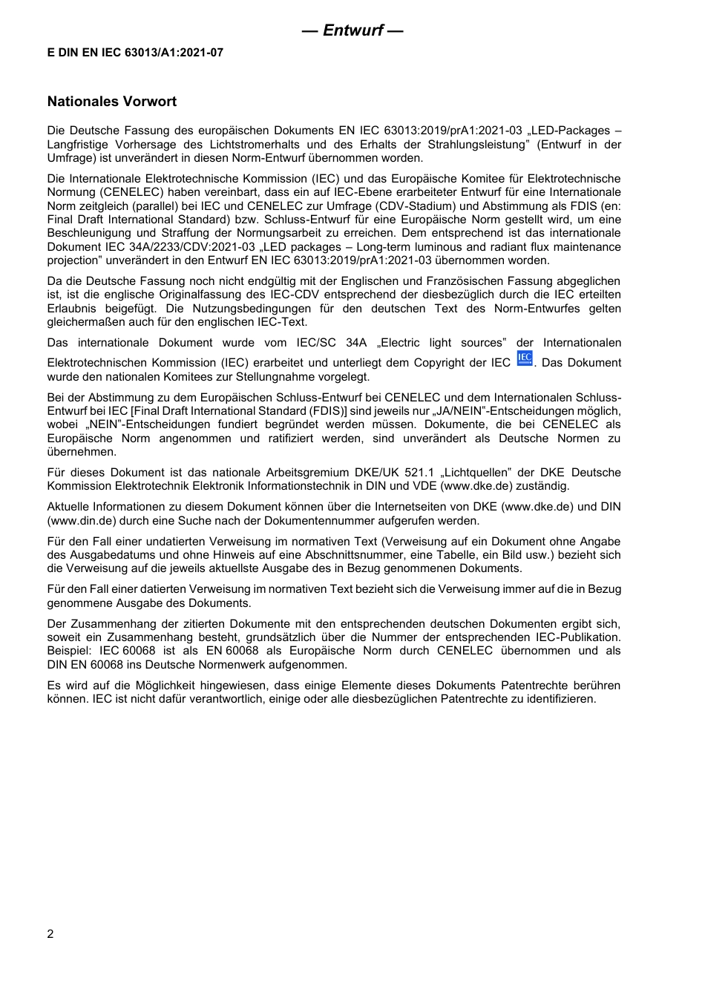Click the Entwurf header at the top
(x=352, y=30)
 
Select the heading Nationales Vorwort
(x=112, y=102)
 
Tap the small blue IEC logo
(x=524, y=358)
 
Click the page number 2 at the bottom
(x=50, y=933)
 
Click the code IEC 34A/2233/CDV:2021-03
(x=177, y=247)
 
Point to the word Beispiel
(x=68, y=651)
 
